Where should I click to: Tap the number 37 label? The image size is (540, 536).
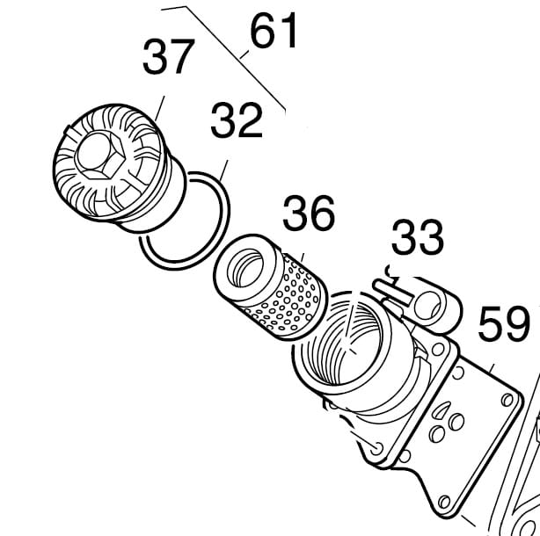pos(169,58)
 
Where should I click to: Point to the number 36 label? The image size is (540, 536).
pos(308,214)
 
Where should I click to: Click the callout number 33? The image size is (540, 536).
pos(417,237)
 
